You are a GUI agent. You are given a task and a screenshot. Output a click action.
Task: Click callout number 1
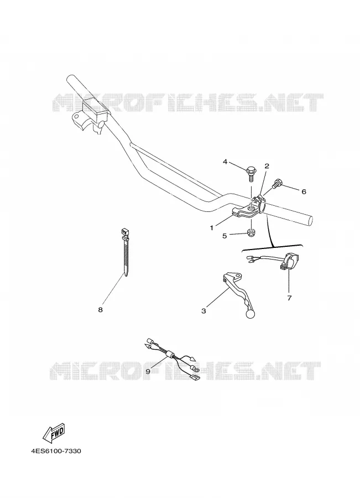click(211, 228)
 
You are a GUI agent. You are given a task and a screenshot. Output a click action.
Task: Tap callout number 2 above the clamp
click(267, 166)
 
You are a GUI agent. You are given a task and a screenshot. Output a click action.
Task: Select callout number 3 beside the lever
click(204, 311)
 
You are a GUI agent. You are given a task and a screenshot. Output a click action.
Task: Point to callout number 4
click(225, 162)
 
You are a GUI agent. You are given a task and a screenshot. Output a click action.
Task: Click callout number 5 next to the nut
click(225, 236)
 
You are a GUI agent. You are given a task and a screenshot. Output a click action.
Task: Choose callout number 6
click(304, 191)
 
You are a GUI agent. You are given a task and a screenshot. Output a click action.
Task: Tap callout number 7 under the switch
click(289, 298)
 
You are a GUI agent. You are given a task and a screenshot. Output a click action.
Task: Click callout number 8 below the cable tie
click(100, 310)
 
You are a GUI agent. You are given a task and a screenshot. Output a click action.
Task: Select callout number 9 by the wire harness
click(148, 371)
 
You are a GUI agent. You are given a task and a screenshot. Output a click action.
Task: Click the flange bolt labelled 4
click(250, 174)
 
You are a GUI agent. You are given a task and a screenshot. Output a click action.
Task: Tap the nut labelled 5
click(252, 233)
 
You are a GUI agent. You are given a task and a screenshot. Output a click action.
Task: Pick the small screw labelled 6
click(277, 183)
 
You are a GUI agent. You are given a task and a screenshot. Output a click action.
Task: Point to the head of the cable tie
click(125, 232)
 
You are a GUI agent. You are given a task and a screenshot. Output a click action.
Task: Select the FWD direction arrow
click(54, 433)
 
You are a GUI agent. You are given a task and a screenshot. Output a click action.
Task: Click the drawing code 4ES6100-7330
click(56, 451)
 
